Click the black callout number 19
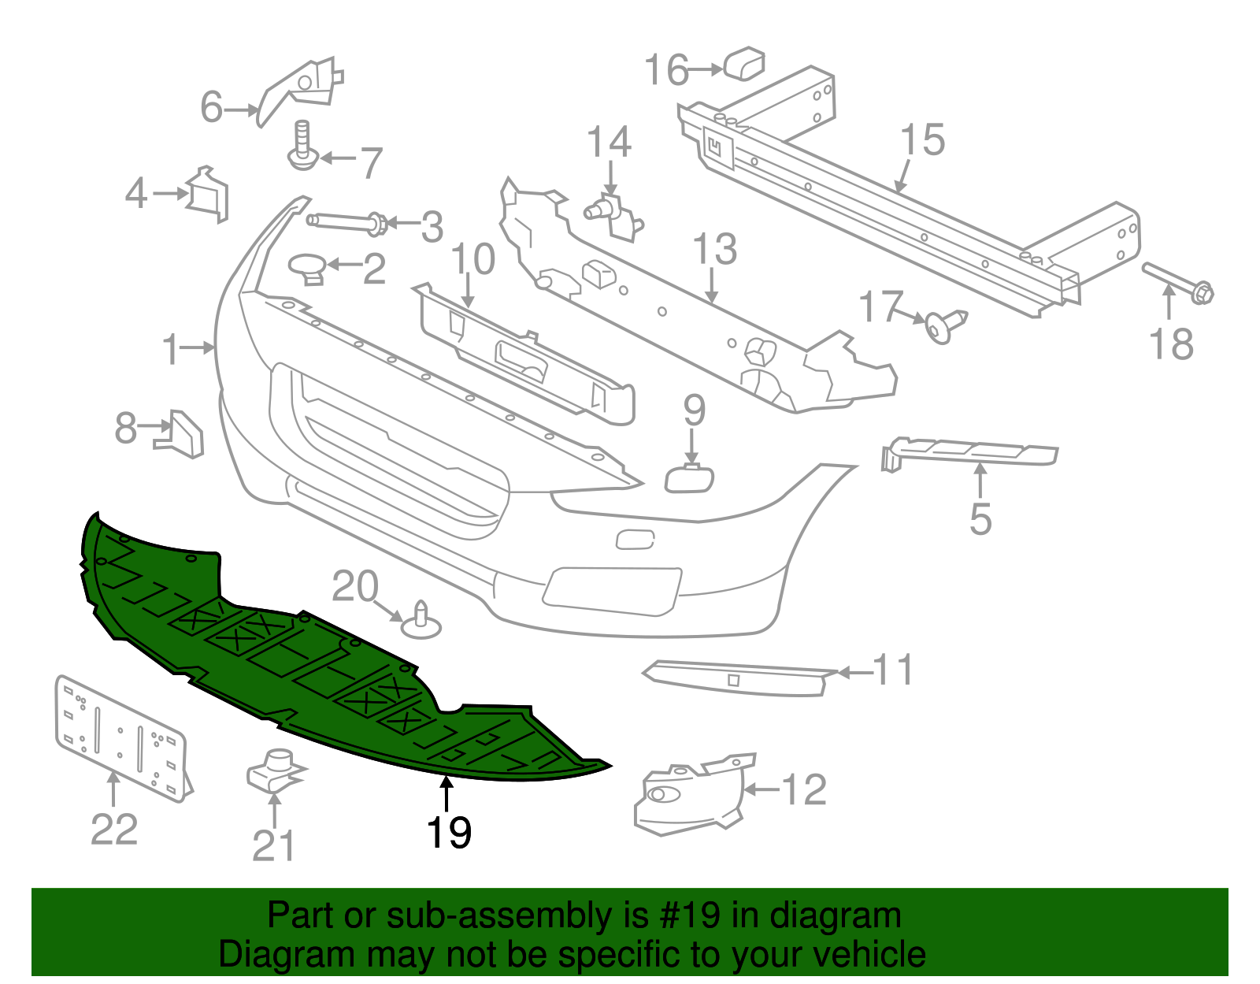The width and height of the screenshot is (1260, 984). (449, 833)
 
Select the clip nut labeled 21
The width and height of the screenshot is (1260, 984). (274, 771)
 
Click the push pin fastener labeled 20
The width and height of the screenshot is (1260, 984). (421, 621)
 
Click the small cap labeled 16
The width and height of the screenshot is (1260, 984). (744, 64)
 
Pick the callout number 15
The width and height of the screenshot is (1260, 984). (922, 140)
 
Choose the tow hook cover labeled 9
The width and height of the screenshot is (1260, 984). (690, 479)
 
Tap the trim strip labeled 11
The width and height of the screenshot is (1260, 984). (736, 678)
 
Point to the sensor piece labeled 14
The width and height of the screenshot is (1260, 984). (613, 214)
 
